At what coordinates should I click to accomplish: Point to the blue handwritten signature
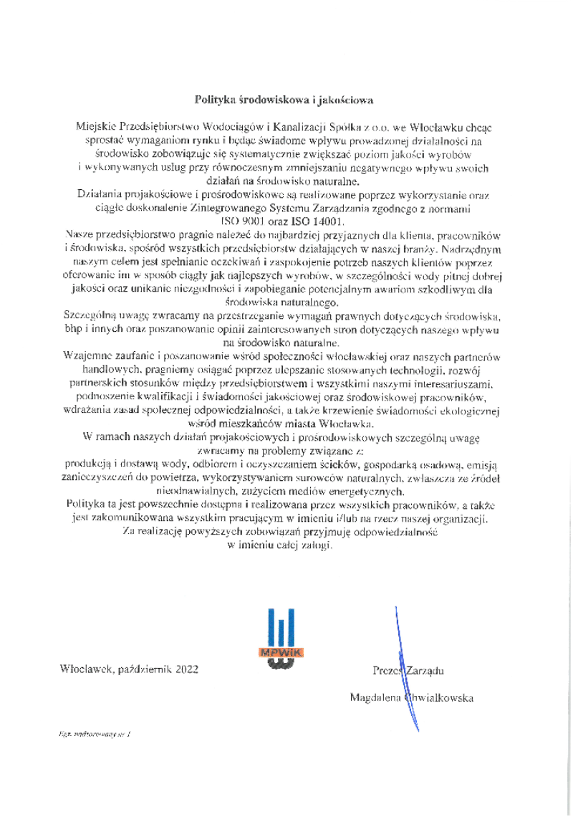coord(405,666)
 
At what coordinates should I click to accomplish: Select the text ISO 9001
coord(243,221)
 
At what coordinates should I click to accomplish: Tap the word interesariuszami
coord(439,385)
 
